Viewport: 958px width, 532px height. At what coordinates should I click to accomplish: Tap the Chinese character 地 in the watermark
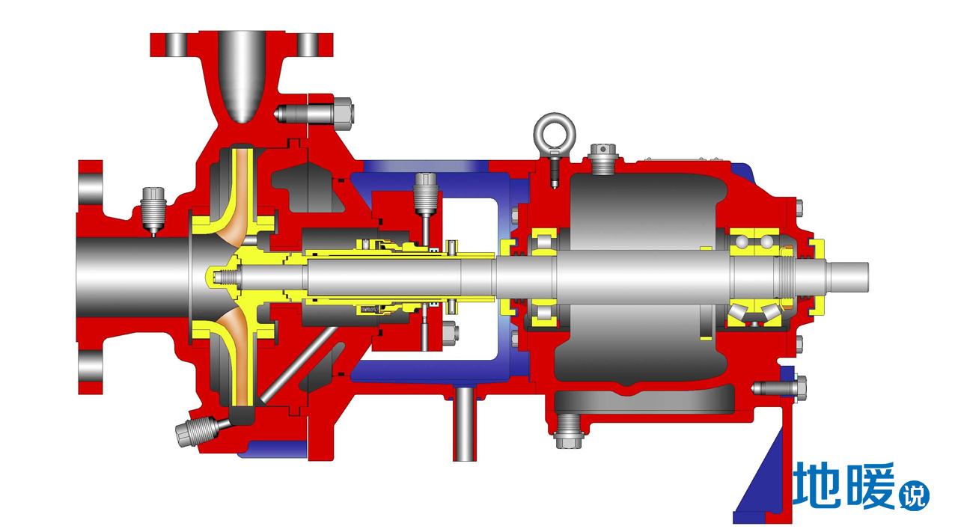[817, 486]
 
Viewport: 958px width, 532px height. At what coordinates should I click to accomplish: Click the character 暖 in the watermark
[870, 486]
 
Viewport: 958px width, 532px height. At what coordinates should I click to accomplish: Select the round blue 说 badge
[914, 497]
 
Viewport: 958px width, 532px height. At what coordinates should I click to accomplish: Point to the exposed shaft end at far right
[846, 278]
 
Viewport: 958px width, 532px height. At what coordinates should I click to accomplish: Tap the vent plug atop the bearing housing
[602, 159]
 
